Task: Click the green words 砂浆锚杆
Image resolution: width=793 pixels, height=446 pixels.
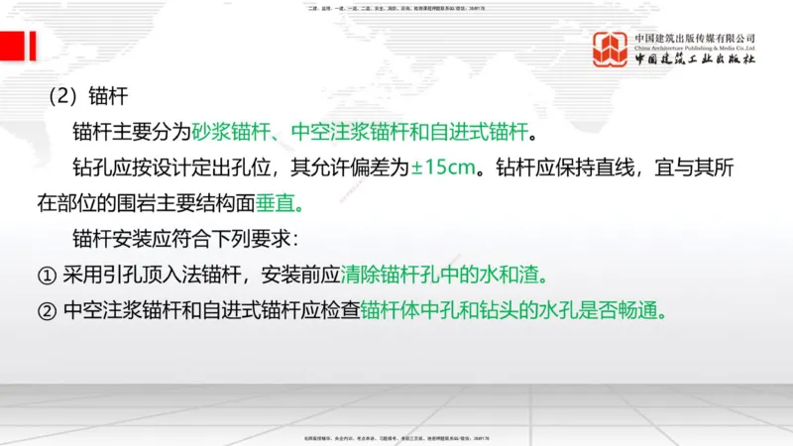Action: click(x=227, y=132)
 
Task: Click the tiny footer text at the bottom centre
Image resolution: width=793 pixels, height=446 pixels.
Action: click(x=396, y=438)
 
